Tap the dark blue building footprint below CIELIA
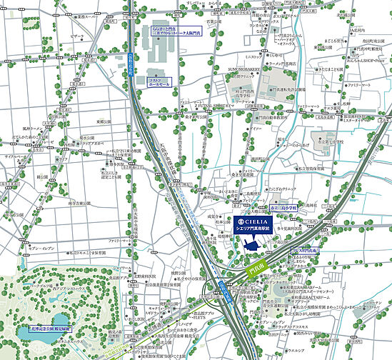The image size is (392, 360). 252,244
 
